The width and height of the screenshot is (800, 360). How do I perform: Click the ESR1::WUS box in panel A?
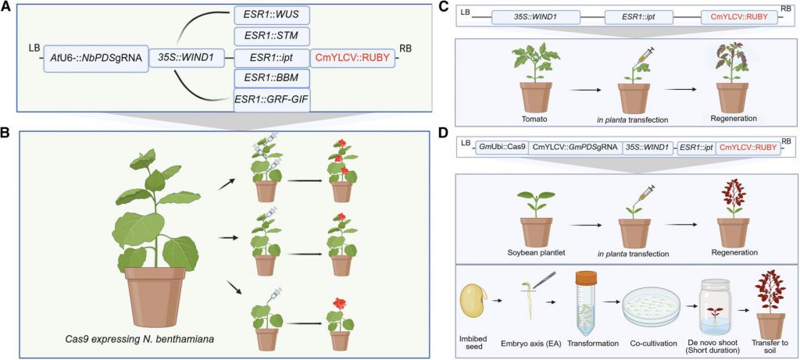(x=271, y=15)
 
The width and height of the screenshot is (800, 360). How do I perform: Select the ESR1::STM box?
(x=271, y=36)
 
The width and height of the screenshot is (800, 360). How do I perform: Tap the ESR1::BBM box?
(x=271, y=78)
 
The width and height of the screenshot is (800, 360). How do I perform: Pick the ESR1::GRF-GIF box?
(x=271, y=100)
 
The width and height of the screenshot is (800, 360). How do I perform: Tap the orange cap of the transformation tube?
(x=587, y=275)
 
